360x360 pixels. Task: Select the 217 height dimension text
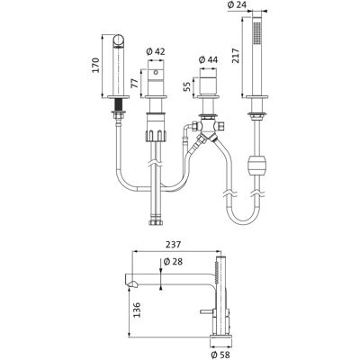click(236, 56)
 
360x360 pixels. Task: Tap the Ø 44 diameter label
click(208, 60)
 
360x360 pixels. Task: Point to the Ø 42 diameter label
click(156, 51)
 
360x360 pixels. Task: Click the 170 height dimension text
click(95, 65)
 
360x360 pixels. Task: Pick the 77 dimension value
click(135, 82)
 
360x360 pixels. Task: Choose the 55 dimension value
click(187, 86)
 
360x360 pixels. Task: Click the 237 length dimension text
click(173, 245)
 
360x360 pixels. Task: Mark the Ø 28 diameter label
click(173, 262)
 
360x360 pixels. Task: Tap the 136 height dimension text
click(137, 310)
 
